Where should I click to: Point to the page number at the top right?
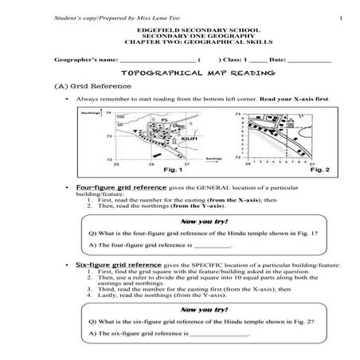pos(339,18)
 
